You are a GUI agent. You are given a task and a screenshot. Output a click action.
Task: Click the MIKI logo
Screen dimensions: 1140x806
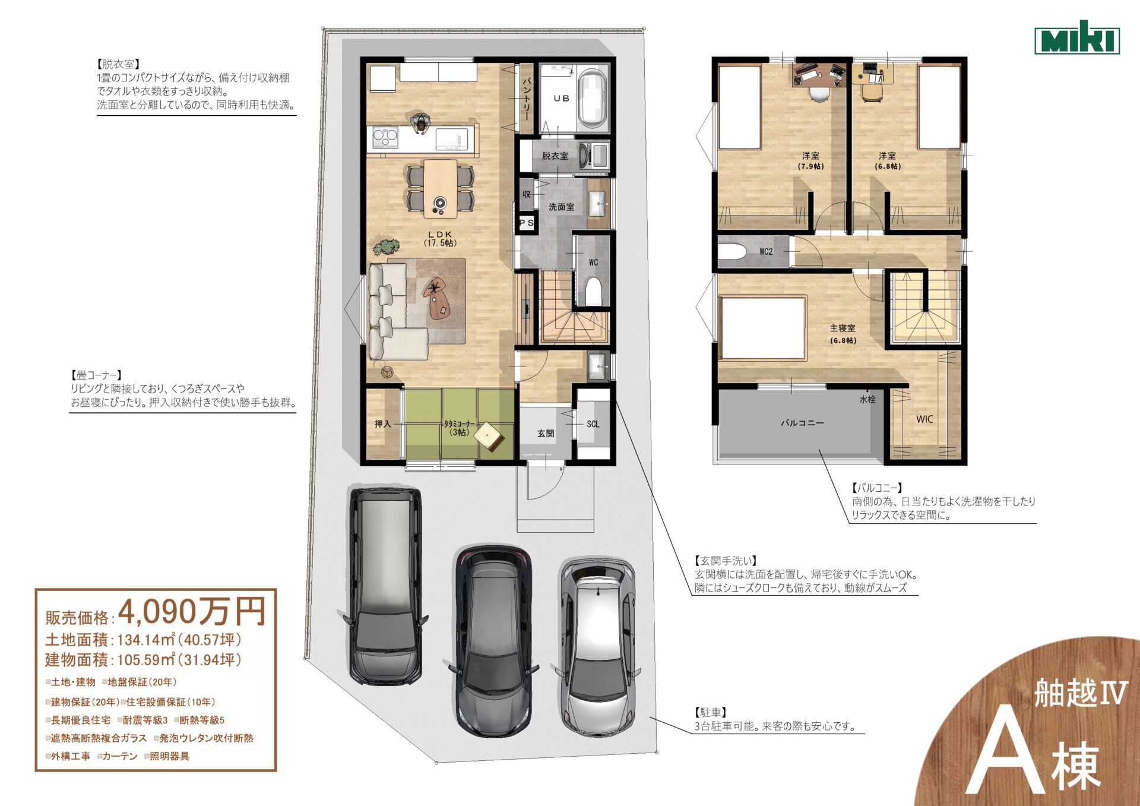click(x=1077, y=38)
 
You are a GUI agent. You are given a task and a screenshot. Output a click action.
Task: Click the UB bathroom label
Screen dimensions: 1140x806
click(x=561, y=99)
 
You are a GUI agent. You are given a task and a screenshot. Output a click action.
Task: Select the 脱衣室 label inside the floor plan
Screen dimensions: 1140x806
click(x=555, y=156)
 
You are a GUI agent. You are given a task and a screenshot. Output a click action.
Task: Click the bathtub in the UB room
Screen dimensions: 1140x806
click(x=593, y=98)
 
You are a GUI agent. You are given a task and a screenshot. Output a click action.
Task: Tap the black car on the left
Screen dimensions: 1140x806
click(x=385, y=586)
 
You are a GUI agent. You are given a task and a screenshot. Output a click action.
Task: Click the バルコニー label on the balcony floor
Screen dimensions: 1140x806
click(x=802, y=423)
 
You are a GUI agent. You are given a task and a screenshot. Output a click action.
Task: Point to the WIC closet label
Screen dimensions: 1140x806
click(x=924, y=419)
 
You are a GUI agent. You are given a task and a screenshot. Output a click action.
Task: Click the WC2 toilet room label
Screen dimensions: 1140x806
click(x=766, y=251)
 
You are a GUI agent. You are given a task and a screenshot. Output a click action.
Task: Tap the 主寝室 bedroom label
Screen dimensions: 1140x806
click(x=843, y=328)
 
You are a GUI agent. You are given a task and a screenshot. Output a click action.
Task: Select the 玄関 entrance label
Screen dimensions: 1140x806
click(x=546, y=434)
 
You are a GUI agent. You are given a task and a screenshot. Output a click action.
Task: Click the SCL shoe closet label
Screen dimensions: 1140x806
click(x=593, y=424)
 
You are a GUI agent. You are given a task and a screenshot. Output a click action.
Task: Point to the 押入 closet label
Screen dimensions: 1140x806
click(x=383, y=424)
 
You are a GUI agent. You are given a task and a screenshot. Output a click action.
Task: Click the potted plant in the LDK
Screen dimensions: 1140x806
click(x=386, y=246)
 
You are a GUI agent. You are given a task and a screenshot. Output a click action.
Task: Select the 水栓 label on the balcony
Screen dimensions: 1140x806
click(x=867, y=399)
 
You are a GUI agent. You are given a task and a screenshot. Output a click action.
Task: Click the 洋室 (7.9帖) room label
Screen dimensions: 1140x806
click(x=810, y=160)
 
